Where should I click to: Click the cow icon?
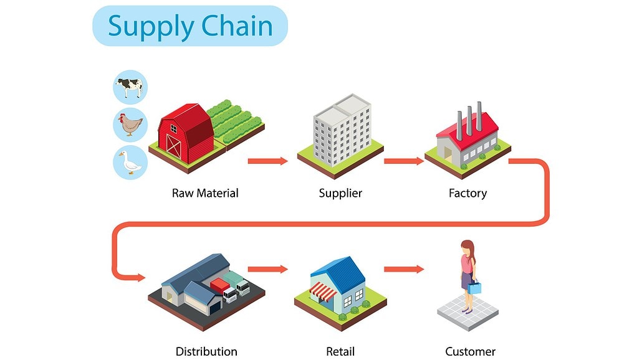pos(130,87)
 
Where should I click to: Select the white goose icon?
pos(130,163)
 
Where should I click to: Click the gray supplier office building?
pos(342,130)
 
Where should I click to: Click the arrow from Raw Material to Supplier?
pos(268,161)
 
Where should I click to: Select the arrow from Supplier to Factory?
pos(404,161)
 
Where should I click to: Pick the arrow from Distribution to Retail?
pos(268,269)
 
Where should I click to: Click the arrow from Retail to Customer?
pos(404,269)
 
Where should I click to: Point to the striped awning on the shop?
pos(323,291)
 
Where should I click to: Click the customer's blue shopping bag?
pos(475,287)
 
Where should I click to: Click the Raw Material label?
pos(205,193)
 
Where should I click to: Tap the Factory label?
pos(468,193)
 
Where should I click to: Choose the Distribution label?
pos(206,351)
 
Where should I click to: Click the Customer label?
pos(471,351)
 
